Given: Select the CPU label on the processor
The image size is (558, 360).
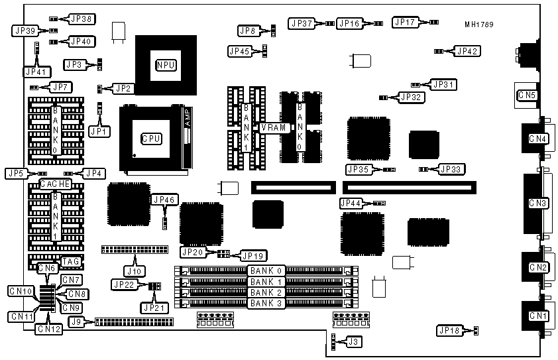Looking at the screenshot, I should (x=150, y=139).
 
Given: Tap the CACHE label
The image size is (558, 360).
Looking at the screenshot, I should (x=56, y=183).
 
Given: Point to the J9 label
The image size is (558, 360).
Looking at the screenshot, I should (x=78, y=322).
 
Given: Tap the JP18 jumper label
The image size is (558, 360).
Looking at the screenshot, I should (x=448, y=330).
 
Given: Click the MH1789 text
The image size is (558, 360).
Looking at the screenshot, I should (x=478, y=25).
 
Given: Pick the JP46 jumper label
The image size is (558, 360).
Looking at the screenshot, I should (x=163, y=200).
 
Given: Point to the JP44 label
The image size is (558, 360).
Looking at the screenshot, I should (x=351, y=202).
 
